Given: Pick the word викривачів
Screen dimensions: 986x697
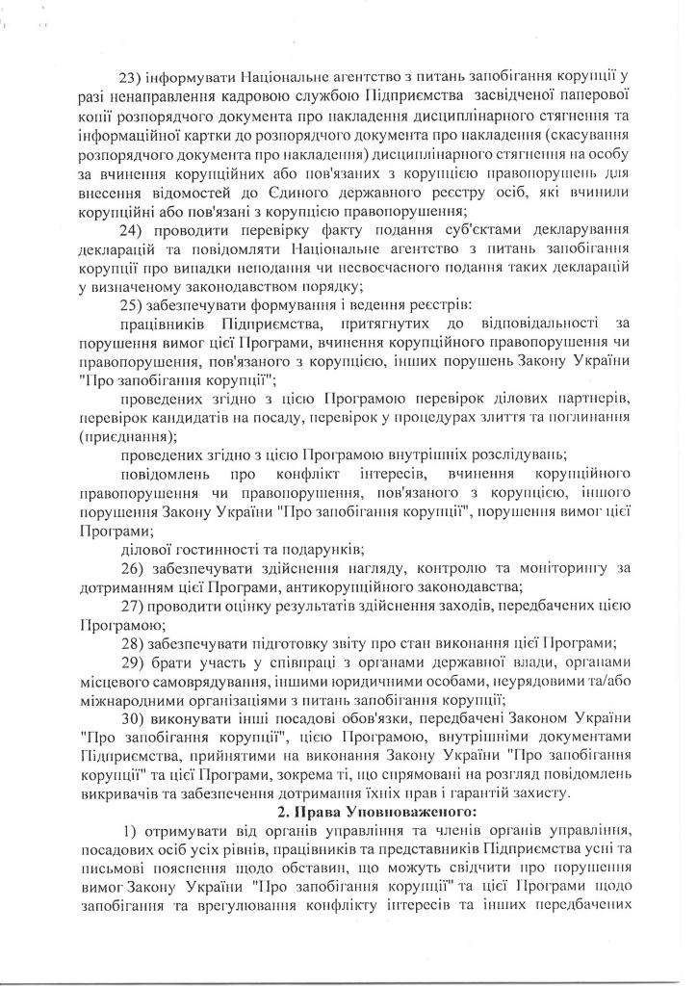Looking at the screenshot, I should (x=117, y=793).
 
